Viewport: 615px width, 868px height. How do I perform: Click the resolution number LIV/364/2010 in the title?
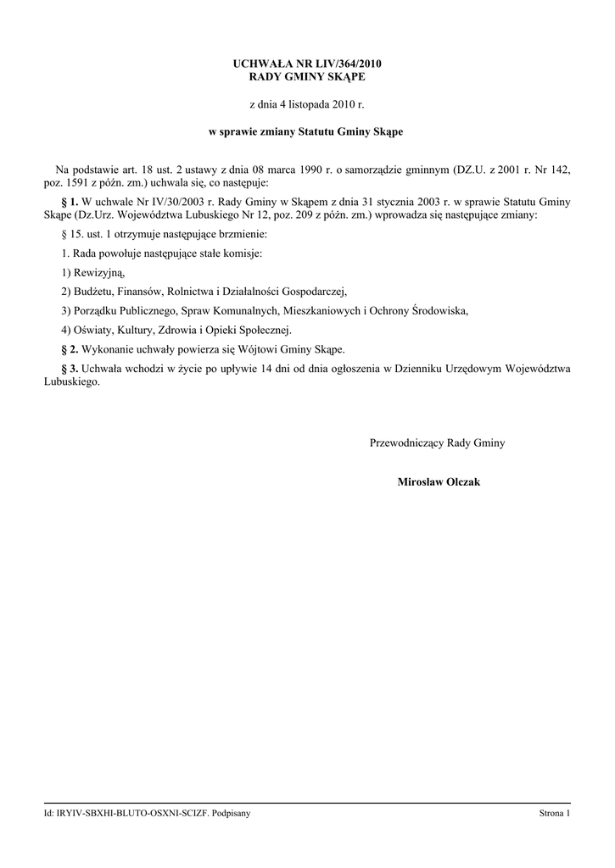(345, 64)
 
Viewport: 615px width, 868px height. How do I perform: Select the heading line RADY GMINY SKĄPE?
(307, 77)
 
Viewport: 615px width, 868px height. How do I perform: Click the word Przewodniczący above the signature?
(406, 443)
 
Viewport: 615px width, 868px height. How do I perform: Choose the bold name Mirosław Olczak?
(438, 481)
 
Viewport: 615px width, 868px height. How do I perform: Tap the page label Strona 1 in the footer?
(555, 814)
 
